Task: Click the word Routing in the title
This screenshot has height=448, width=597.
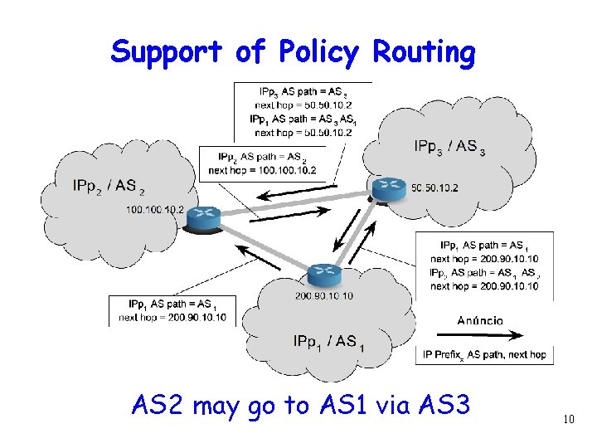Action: [424, 52]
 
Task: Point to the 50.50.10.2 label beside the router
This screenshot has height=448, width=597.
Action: [434, 188]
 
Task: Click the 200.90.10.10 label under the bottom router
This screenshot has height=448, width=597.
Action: [323, 296]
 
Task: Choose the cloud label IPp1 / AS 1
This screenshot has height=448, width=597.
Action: [328, 341]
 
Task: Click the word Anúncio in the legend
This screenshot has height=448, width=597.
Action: [479, 320]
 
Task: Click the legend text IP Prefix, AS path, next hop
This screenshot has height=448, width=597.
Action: [484, 355]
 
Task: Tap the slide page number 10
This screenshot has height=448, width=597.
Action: [568, 420]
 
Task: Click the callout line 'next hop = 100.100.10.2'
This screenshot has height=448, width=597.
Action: [261, 170]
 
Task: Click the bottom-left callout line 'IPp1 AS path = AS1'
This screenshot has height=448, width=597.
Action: [172, 304]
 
